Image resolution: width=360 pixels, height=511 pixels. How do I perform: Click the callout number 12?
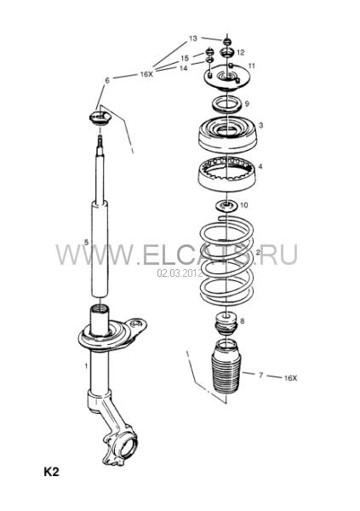pos(241,53)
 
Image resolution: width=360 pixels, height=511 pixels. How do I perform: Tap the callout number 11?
pos(251,66)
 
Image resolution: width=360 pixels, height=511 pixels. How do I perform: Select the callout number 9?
pos(247,104)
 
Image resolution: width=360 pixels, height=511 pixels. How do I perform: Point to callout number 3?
pos(261,125)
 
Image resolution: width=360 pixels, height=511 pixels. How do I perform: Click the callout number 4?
pos(260,167)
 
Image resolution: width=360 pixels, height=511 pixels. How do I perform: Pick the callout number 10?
pos(243,205)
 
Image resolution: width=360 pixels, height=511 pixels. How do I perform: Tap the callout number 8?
pos(242,321)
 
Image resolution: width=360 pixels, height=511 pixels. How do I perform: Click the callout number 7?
pos(260,375)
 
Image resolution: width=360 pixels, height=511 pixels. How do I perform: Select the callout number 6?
pos(107,80)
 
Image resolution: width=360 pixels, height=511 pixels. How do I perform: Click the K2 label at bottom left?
pos(51,472)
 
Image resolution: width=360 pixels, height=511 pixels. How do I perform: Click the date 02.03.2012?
pos(180,273)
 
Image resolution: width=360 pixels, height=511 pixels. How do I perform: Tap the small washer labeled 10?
pos(226,206)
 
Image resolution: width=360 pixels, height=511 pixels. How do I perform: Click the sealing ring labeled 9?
pos(227,105)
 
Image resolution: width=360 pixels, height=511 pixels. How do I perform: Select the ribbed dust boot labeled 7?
pos(226,366)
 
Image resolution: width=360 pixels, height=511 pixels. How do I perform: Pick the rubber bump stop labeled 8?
pos(226,324)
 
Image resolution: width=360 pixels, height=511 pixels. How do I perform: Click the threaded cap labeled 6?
pos(100,118)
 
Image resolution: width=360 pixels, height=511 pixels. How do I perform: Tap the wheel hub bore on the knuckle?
pos(128,447)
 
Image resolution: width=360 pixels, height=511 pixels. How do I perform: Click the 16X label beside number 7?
pos(290,378)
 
